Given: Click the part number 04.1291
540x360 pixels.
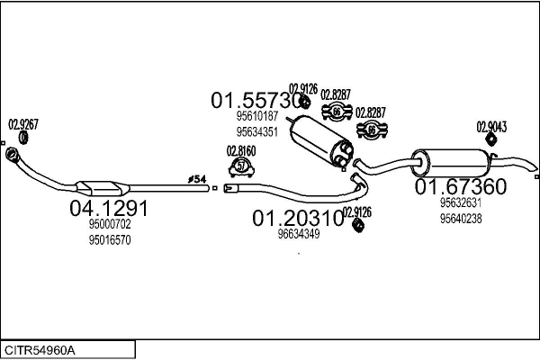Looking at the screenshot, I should tap(108, 209).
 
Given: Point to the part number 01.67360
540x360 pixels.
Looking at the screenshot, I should tap(460, 187).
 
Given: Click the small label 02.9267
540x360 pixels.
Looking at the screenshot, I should tap(24, 125).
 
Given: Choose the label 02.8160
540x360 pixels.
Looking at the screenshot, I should tap(241, 150).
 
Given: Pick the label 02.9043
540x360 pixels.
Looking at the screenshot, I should tap(491, 127).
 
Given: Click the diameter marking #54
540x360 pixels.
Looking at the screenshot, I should tap(197, 180).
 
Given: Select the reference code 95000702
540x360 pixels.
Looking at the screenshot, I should tap(110, 225).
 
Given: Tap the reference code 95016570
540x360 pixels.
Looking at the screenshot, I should tap(110, 240).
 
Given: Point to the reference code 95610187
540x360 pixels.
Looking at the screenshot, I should tap(256, 116).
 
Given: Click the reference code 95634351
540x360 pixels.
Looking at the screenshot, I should tap(256, 131).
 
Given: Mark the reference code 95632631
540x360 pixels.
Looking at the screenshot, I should tap(461, 203).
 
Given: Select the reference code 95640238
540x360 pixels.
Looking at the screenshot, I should tap(461, 218).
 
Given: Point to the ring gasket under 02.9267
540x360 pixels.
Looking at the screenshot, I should tap(24, 139).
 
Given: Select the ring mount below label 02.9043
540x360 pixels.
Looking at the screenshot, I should tap(491, 141).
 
